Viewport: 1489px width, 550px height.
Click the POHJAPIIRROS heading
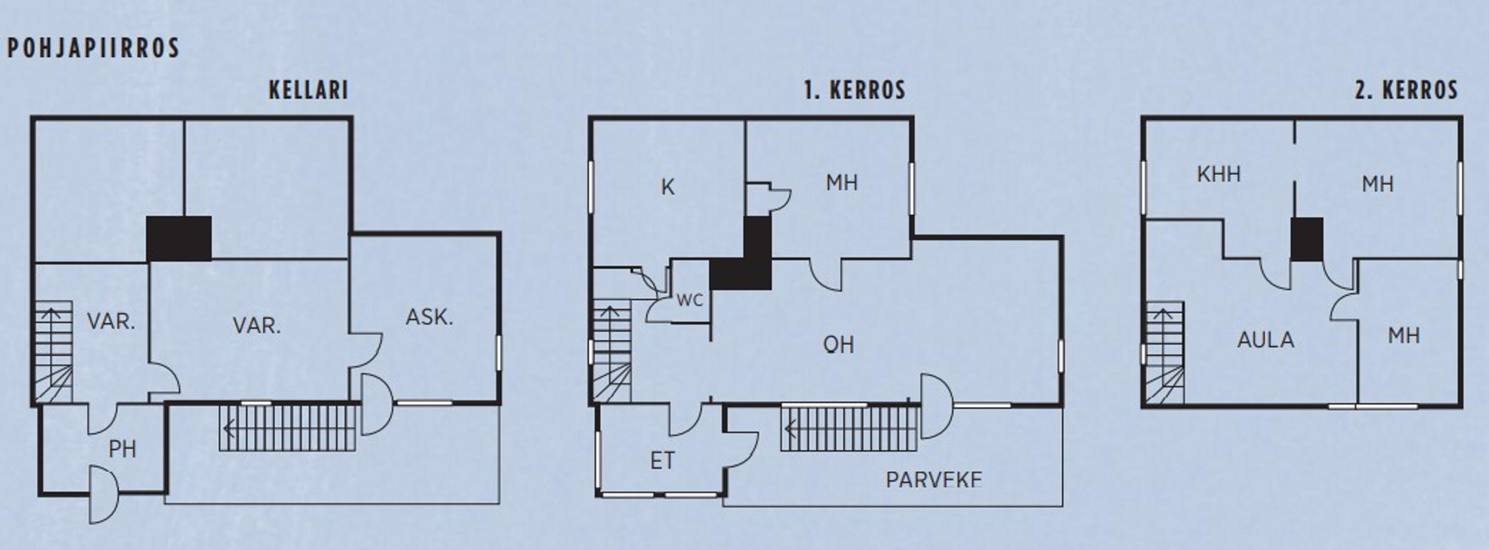tap(93, 48)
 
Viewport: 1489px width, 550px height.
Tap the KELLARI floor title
tap(308, 90)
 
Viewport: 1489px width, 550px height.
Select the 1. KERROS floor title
tap(855, 90)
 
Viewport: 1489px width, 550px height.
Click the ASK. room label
tap(429, 317)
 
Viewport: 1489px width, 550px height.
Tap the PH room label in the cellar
tap(123, 450)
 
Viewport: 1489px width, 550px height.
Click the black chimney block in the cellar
tap(178, 239)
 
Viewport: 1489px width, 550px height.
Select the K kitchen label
tap(668, 187)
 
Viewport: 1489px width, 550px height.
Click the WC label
tap(689, 301)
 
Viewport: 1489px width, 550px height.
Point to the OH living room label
tap(838, 345)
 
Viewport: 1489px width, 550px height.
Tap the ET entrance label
tap(662, 461)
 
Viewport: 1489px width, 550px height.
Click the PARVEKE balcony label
tap(934, 479)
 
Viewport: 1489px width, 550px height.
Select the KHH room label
tap(1219, 174)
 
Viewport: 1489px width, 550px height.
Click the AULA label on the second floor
tap(1266, 340)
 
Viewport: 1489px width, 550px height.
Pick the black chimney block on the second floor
tap(1307, 239)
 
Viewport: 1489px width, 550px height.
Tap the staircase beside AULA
tap(1165, 353)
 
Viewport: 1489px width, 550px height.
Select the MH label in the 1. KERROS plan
tap(842, 183)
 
